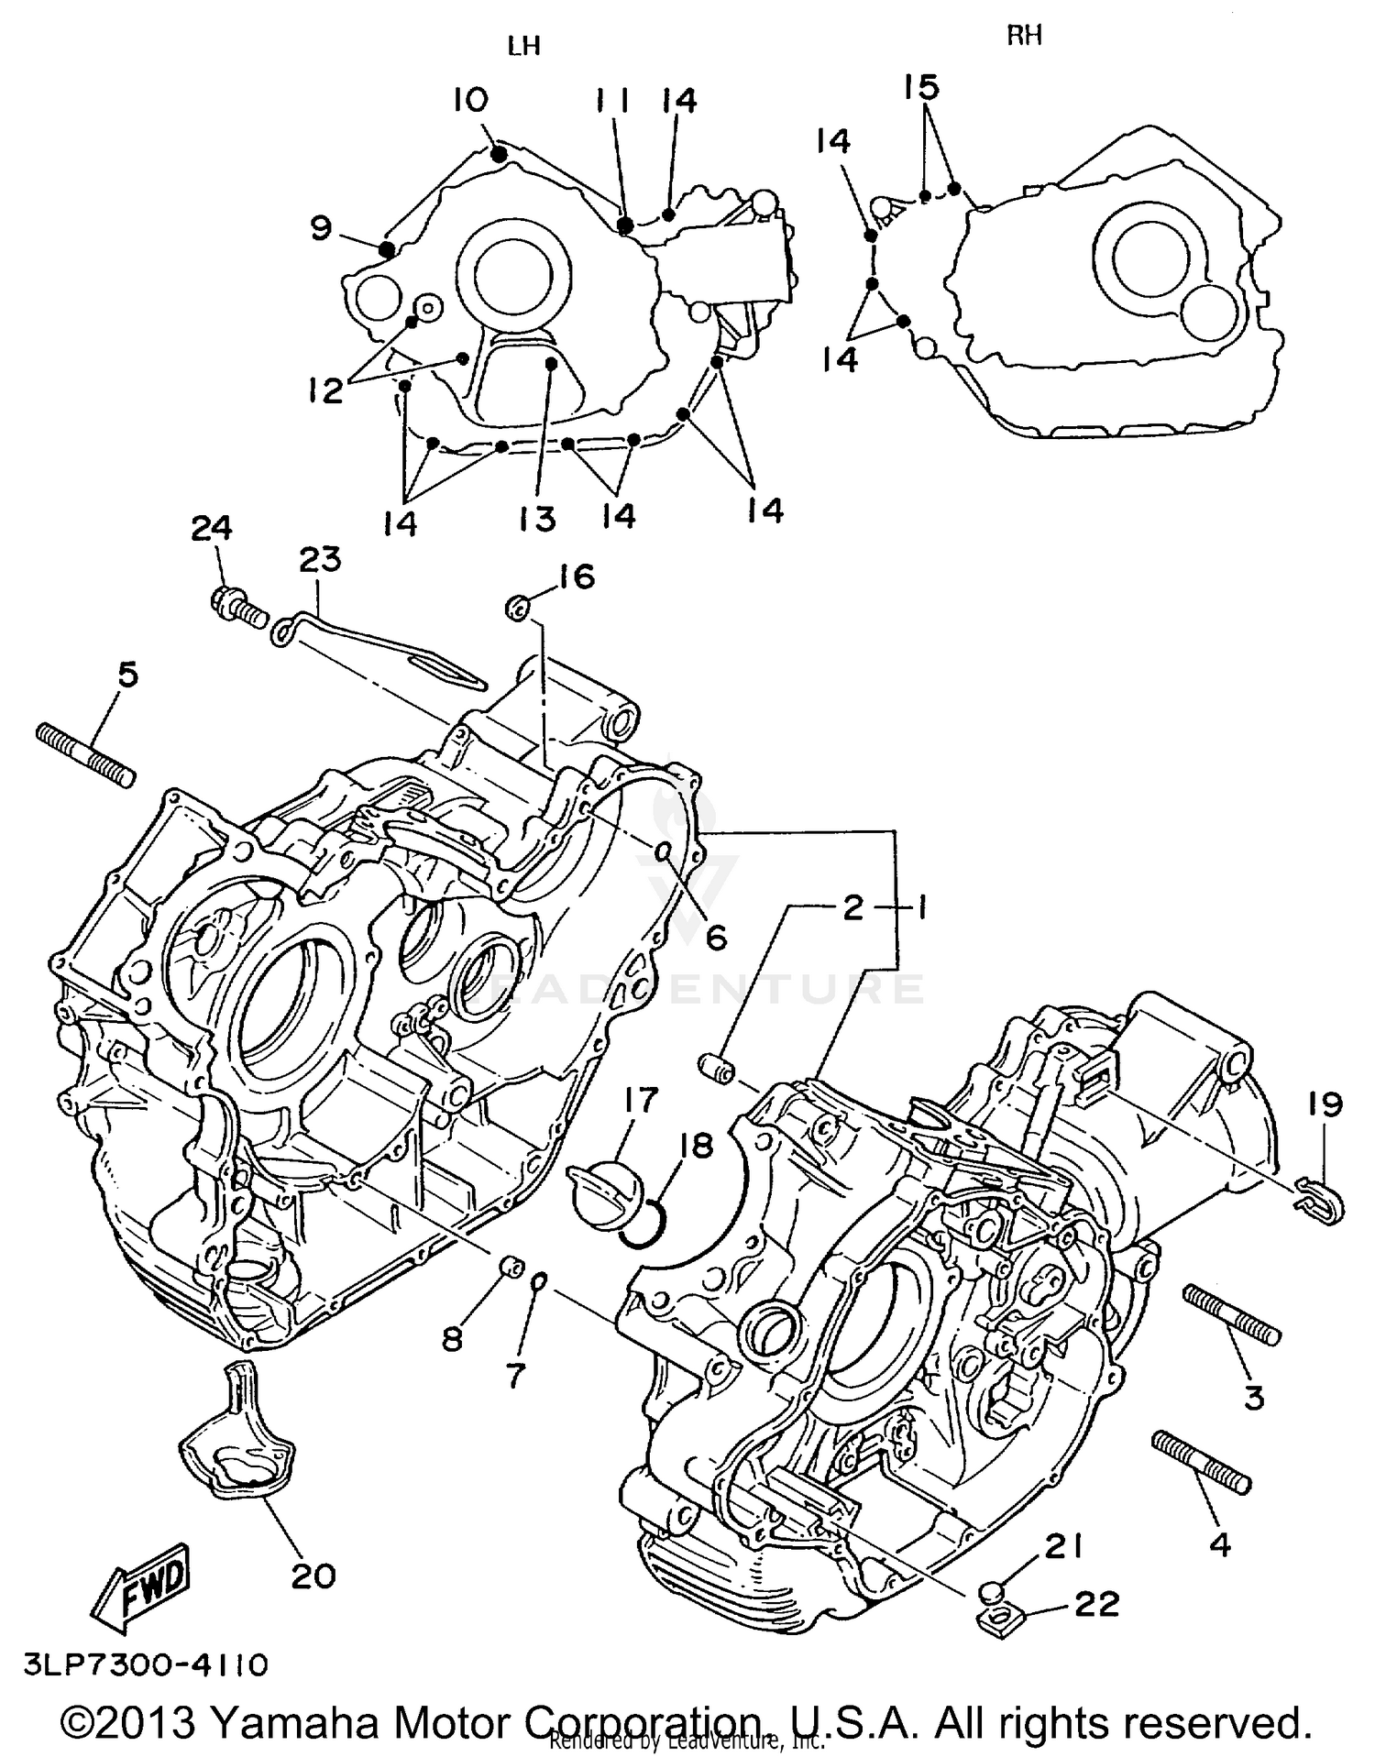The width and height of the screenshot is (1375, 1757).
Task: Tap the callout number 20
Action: pyautogui.click(x=313, y=1576)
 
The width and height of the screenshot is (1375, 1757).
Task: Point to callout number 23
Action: pyautogui.click(x=320, y=559)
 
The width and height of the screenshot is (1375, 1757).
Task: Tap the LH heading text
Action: pyautogui.click(x=524, y=46)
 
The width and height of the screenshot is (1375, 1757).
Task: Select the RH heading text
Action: pyautogui.click(x=1025, y=36)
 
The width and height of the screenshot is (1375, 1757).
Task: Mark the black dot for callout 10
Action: pyautogui.click(x=499, y=155)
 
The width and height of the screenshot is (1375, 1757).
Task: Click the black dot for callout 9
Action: pyautogui.click(x=387, y=247)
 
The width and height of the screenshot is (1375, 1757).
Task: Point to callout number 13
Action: pyautogui.click(x=537, y=520)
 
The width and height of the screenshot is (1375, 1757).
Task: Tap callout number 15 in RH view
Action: pyautogui.click(x=922, y=88)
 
